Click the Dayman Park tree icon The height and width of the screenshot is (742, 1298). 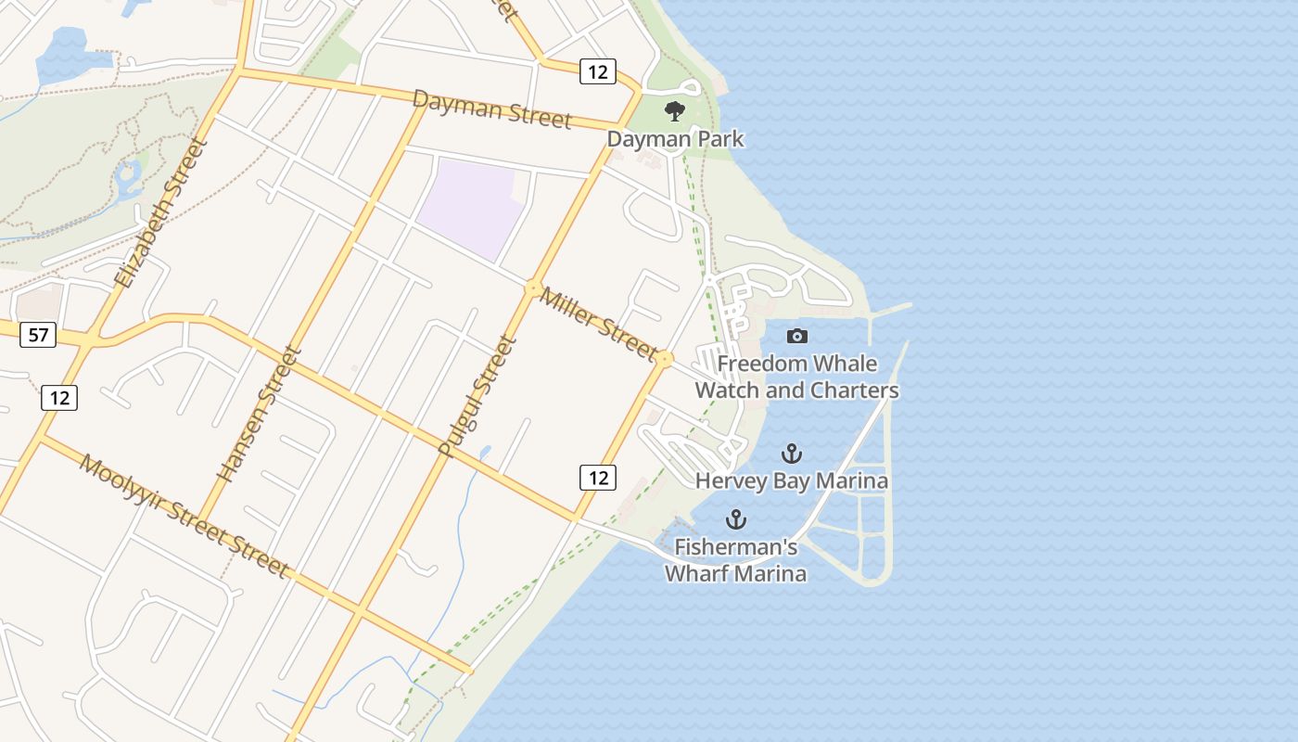click(674, 111)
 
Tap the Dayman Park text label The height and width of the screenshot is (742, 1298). click(675, 139)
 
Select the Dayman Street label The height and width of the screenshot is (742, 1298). click(491, 109)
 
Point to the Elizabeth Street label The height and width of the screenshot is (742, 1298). click(159, 213)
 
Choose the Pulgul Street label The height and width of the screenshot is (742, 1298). click(476, 397)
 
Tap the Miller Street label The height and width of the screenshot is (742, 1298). click(598, 322)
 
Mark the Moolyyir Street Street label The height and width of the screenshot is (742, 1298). click(184, 516)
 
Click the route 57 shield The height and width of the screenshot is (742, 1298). click(38, 335)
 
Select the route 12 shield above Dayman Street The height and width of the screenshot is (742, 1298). click(598, 70)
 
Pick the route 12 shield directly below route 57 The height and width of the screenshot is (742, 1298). click(59, 398)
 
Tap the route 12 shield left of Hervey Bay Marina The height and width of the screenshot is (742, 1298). click(598, 478)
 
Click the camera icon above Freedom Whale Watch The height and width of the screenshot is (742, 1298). click(796, 336)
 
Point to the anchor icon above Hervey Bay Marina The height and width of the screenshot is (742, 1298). click(791, 454)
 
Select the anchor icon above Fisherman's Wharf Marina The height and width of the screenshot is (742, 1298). click(736, 519)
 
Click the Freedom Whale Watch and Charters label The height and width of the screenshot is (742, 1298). click(796, 377)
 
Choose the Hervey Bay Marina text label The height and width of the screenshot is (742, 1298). click(792, 480)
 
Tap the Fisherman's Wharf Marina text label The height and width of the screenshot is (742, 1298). click(735, 560)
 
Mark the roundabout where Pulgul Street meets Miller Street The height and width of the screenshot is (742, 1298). click(533, 288)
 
